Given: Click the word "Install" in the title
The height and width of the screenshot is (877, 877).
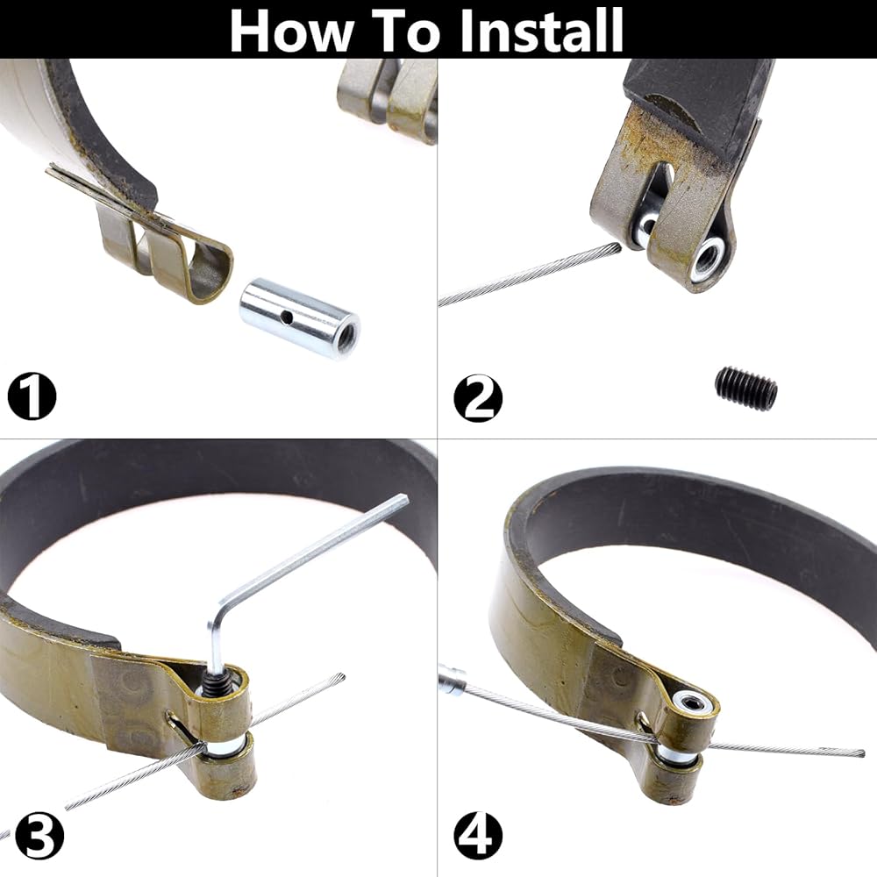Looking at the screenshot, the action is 540,30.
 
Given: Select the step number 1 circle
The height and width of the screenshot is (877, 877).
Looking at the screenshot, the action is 32,396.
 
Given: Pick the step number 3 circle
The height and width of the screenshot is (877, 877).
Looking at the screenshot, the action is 39,836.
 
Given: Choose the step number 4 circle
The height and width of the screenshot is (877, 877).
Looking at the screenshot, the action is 478,836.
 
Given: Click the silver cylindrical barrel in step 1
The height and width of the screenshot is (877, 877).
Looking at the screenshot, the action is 299,319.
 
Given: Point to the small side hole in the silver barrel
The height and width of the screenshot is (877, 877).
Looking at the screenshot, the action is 286,318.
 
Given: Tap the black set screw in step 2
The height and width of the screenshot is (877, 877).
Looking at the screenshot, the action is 746,387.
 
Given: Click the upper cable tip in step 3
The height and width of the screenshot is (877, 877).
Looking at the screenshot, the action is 339,679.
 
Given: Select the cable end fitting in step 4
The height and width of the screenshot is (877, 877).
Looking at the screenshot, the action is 452,679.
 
